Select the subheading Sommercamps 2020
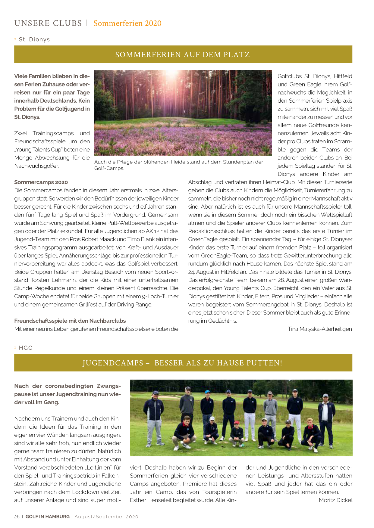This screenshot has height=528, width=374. tap(41, 182)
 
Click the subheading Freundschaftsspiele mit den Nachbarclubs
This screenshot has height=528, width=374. tap(70, 321)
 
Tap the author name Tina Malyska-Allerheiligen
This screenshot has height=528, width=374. tap(320, 329)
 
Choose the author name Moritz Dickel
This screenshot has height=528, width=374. tap(335, 500)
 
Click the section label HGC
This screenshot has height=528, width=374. tap(26, 348)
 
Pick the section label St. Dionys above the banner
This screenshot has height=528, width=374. tap(34, 40)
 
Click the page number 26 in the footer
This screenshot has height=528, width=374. tap(17, 517)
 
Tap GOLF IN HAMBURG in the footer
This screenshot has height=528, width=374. tap(48, 517)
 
